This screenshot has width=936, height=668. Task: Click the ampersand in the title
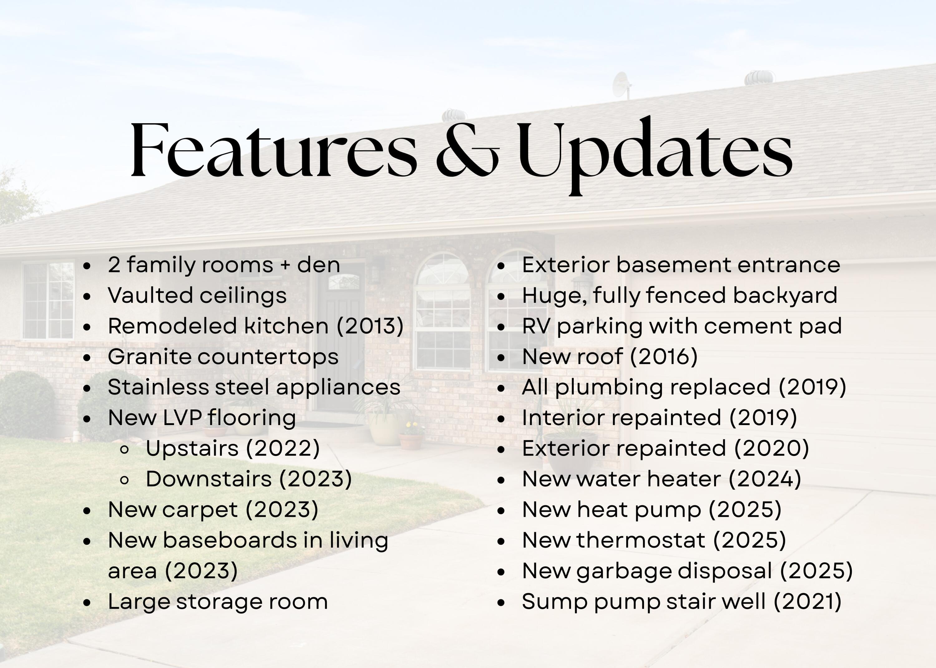(468, 150)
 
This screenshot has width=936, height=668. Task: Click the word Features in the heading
(274, 150)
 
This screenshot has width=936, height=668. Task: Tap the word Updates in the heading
(655, 156)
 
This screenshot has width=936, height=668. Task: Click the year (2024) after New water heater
(765, 479)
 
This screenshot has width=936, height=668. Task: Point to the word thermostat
(641, 540)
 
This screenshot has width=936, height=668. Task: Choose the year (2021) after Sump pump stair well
(807, 601)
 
